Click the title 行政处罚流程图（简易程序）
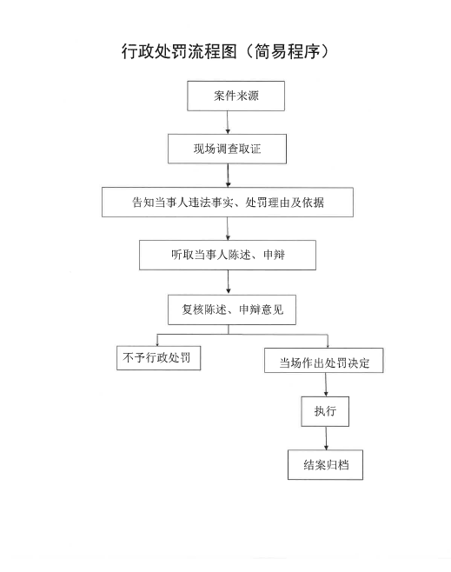click(225, 51)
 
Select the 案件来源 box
click(235, 96)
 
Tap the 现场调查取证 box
click(227, 149)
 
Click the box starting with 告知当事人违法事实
click(228, 202)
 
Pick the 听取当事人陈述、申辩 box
click(228, 255)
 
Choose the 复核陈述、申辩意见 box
click(232, 309)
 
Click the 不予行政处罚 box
click(159, 358)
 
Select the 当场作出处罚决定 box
click(324, 361)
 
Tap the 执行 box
click(325, 411)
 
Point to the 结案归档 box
click(325, 465)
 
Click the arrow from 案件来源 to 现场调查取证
click(228, 123)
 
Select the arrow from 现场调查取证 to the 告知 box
click(228, 176)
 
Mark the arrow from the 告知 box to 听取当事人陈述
click(228, 229)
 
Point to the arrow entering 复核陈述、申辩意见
click(229, 283)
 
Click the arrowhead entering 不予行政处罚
click(157, 343)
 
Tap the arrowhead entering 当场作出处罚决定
click(328, 345)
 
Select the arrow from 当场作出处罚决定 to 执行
click(326, 384)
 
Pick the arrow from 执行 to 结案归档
click(326, 438)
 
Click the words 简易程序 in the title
click(288, 51)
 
